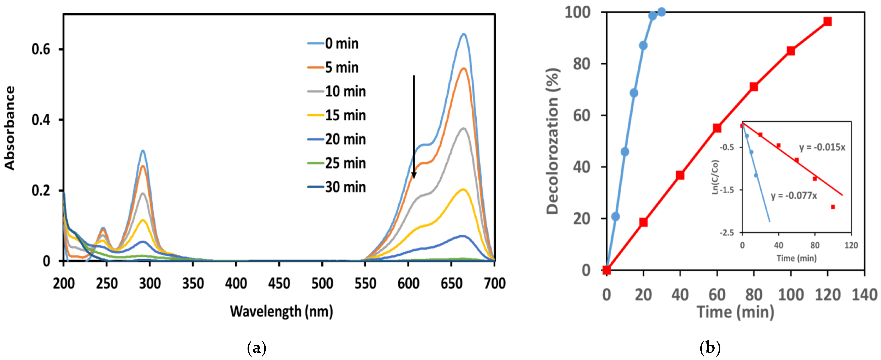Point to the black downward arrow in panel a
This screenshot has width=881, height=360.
[414, 126]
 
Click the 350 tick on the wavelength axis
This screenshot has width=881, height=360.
[193, 283]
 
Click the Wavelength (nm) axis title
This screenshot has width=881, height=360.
[281, 312]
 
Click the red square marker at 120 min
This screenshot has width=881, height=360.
[827, 22]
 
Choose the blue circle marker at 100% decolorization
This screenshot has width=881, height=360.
[662, 12]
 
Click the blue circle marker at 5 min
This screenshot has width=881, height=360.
[616, 216]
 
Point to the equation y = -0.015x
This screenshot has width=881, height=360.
[822, 147]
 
